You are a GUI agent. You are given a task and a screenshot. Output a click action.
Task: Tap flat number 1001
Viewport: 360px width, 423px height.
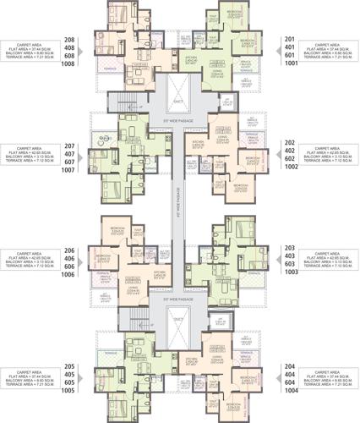[292, 64]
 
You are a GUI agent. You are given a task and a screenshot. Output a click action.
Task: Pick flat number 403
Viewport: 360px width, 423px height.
[292, 255]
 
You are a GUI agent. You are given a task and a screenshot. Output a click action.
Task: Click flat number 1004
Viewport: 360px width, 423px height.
[292, 391]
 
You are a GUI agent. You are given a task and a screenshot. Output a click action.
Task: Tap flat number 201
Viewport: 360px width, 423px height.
[292, 39]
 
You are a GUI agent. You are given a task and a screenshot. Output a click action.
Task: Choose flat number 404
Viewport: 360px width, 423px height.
[292, 374]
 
